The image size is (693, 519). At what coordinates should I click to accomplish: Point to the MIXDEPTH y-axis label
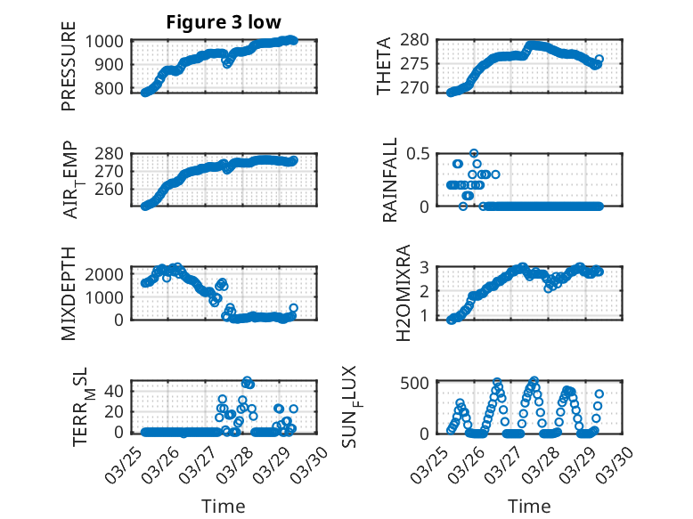69,293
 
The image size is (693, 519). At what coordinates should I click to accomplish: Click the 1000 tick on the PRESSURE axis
108,41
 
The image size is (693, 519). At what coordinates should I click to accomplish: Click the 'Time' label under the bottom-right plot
529,507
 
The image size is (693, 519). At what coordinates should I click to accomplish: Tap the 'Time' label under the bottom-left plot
224,507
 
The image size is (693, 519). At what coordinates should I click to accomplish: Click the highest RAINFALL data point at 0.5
474,153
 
